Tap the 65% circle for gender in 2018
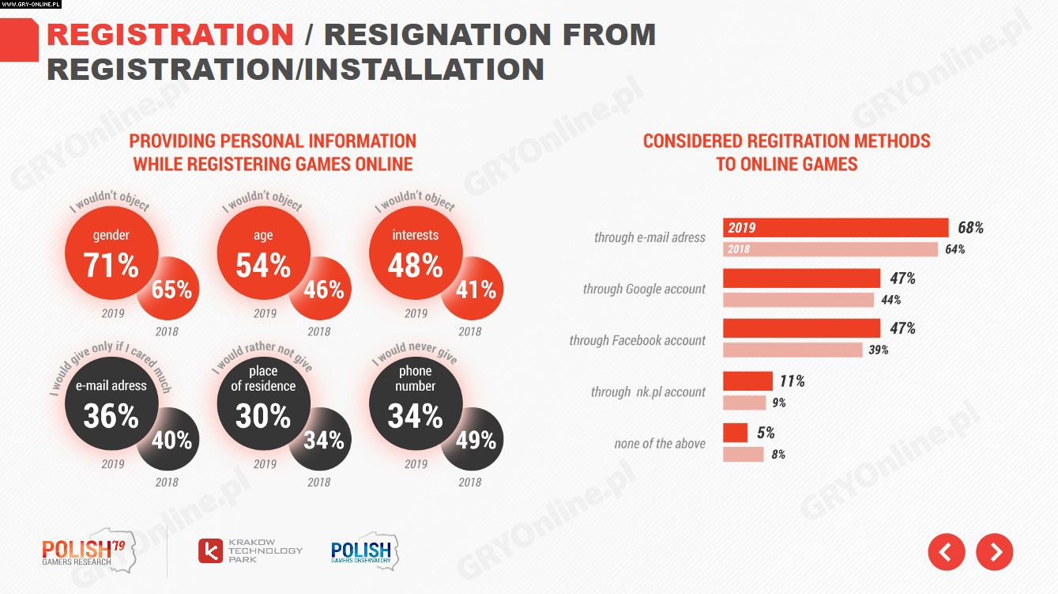[x=170, y=289]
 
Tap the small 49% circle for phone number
[x=474, y=439]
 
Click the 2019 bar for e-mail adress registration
[x=835, y=228]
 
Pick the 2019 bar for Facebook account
[x=801, y=328]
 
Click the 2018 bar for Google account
[x=798, y=300]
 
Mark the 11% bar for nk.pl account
[x=747, y=381]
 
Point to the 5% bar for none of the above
[x=735, y=433]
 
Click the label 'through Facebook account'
[x=637, y=340]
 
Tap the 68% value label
[x=970, y=228]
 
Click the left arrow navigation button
[x=947, y=552]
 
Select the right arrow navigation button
[x=994, y=552]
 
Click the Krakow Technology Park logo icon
[x=210, y=550]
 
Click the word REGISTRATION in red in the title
[x=171, y=35]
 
